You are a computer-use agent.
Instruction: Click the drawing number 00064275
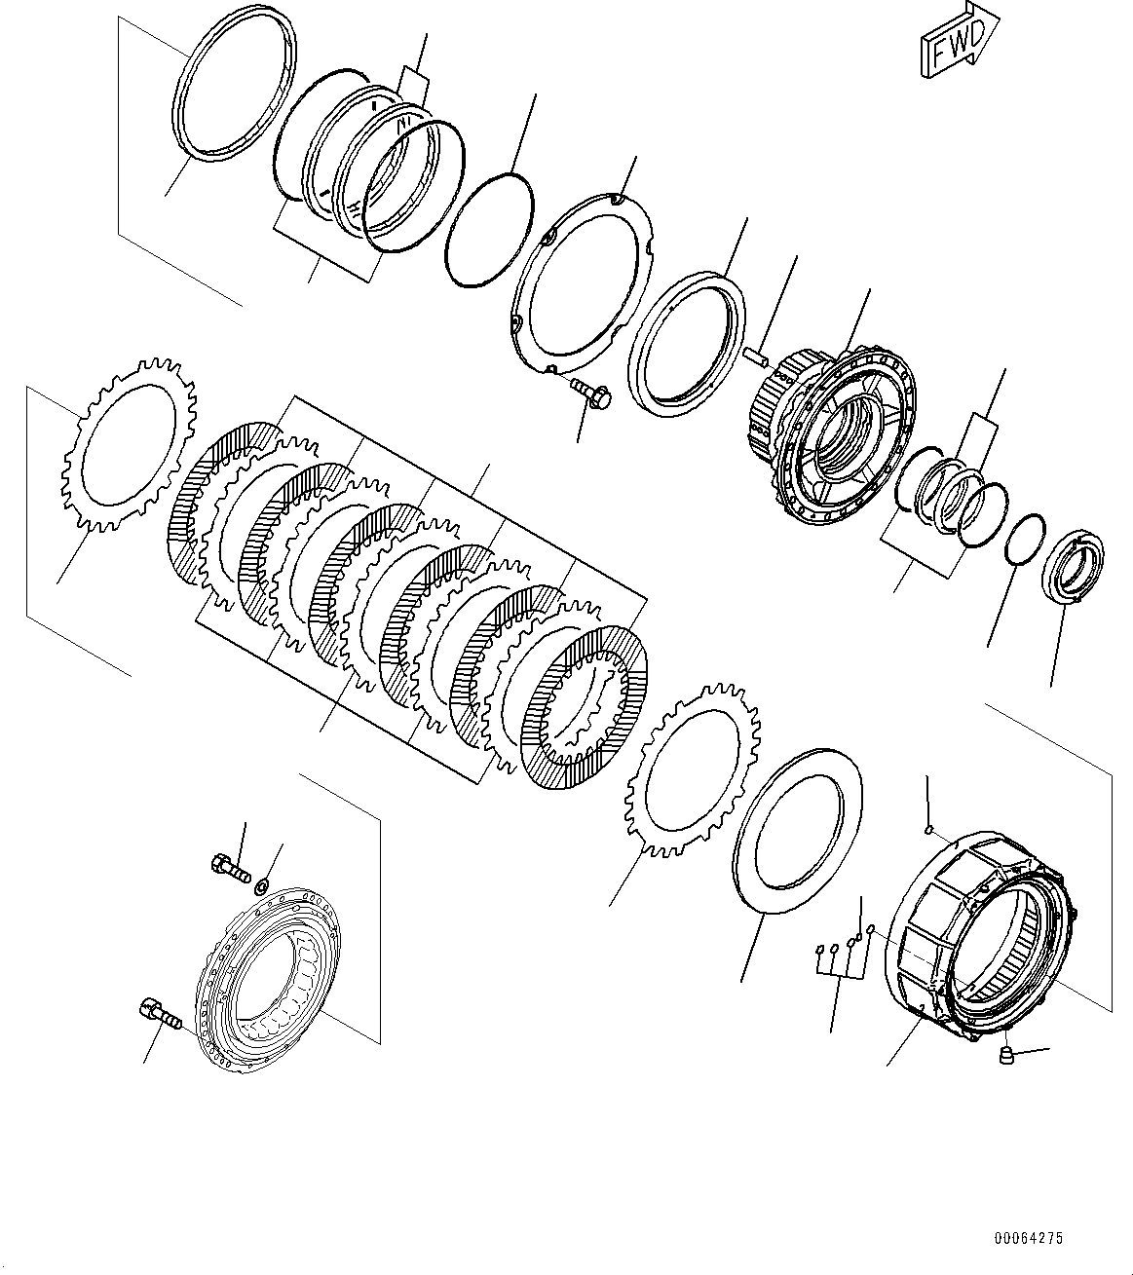coord(1028,1239)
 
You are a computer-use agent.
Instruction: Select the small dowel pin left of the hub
coord(758,356)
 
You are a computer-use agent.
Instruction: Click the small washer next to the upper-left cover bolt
coord(261,885)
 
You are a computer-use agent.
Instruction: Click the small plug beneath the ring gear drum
coord(1008,1055)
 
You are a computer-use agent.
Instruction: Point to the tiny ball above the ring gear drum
coord(929,830)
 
